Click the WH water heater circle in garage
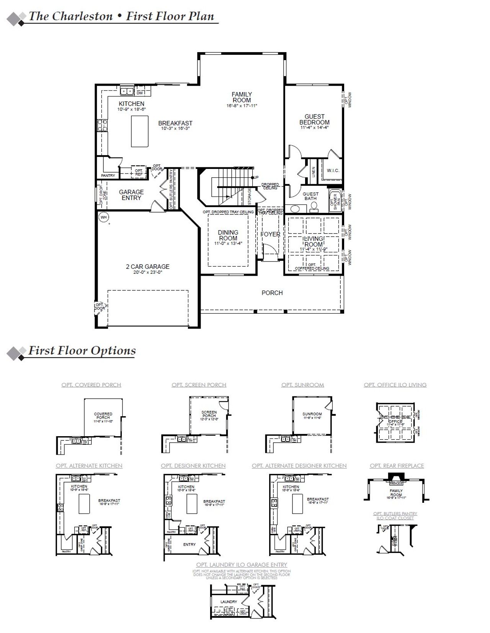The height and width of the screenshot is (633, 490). click(x=103, y=218)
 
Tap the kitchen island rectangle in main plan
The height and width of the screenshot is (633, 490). click(x=139, y=131)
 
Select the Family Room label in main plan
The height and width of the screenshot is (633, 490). click(x=242, y=97)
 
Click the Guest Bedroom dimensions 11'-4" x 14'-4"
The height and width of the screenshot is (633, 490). click(x=314, y=128)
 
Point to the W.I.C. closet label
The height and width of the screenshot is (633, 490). click(x=333, y=170)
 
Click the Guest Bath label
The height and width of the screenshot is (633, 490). click(x=310, y=196)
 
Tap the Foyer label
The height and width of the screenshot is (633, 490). click(x=270, y=234)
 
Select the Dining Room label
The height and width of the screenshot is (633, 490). click(x=228, y=235)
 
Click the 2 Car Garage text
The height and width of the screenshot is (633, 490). click(x=148, y=267)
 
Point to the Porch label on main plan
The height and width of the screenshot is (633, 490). click(x=272, y=293)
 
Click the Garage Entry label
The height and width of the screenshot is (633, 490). click(x=131, y=195)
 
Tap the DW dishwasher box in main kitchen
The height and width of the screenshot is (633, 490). click(x=140, y=93)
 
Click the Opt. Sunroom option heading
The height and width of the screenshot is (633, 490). click(x=302, y=385)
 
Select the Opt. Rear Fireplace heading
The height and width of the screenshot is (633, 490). click(x=397, y=466)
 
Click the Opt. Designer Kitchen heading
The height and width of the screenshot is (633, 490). click(x=193, y=466)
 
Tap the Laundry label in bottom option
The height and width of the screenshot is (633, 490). click(x=229, y=602)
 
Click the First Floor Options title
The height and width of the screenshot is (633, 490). click(x=82, y=351)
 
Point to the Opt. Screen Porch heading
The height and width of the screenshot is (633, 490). click(x=199, y=385)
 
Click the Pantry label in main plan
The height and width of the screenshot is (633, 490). click(x=108, y=175)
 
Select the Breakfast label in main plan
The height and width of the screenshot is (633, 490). click(x=175, y=123)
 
